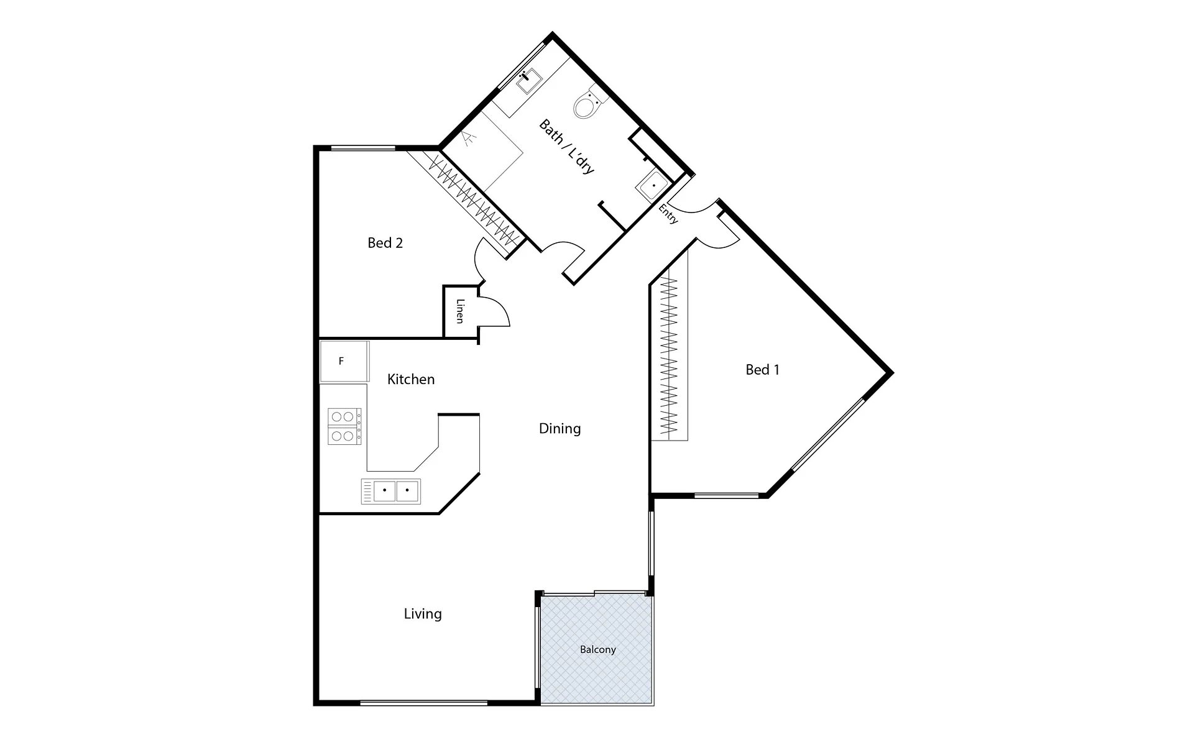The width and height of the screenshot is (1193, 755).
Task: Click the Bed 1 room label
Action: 762,370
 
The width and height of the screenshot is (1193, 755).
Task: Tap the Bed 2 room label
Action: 385,243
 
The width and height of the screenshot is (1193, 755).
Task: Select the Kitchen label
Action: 411,379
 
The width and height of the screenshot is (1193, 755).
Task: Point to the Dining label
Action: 560,429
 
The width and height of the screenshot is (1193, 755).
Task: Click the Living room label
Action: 423,614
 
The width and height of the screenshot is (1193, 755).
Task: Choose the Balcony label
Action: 597,649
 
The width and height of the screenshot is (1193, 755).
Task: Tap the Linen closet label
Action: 460,311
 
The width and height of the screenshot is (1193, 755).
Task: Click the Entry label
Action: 668,214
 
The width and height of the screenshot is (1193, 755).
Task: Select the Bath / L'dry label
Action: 567,147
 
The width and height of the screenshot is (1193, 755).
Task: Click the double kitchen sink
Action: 390,491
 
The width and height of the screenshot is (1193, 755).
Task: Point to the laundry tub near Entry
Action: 652,185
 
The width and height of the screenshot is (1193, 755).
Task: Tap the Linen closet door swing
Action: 495,311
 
